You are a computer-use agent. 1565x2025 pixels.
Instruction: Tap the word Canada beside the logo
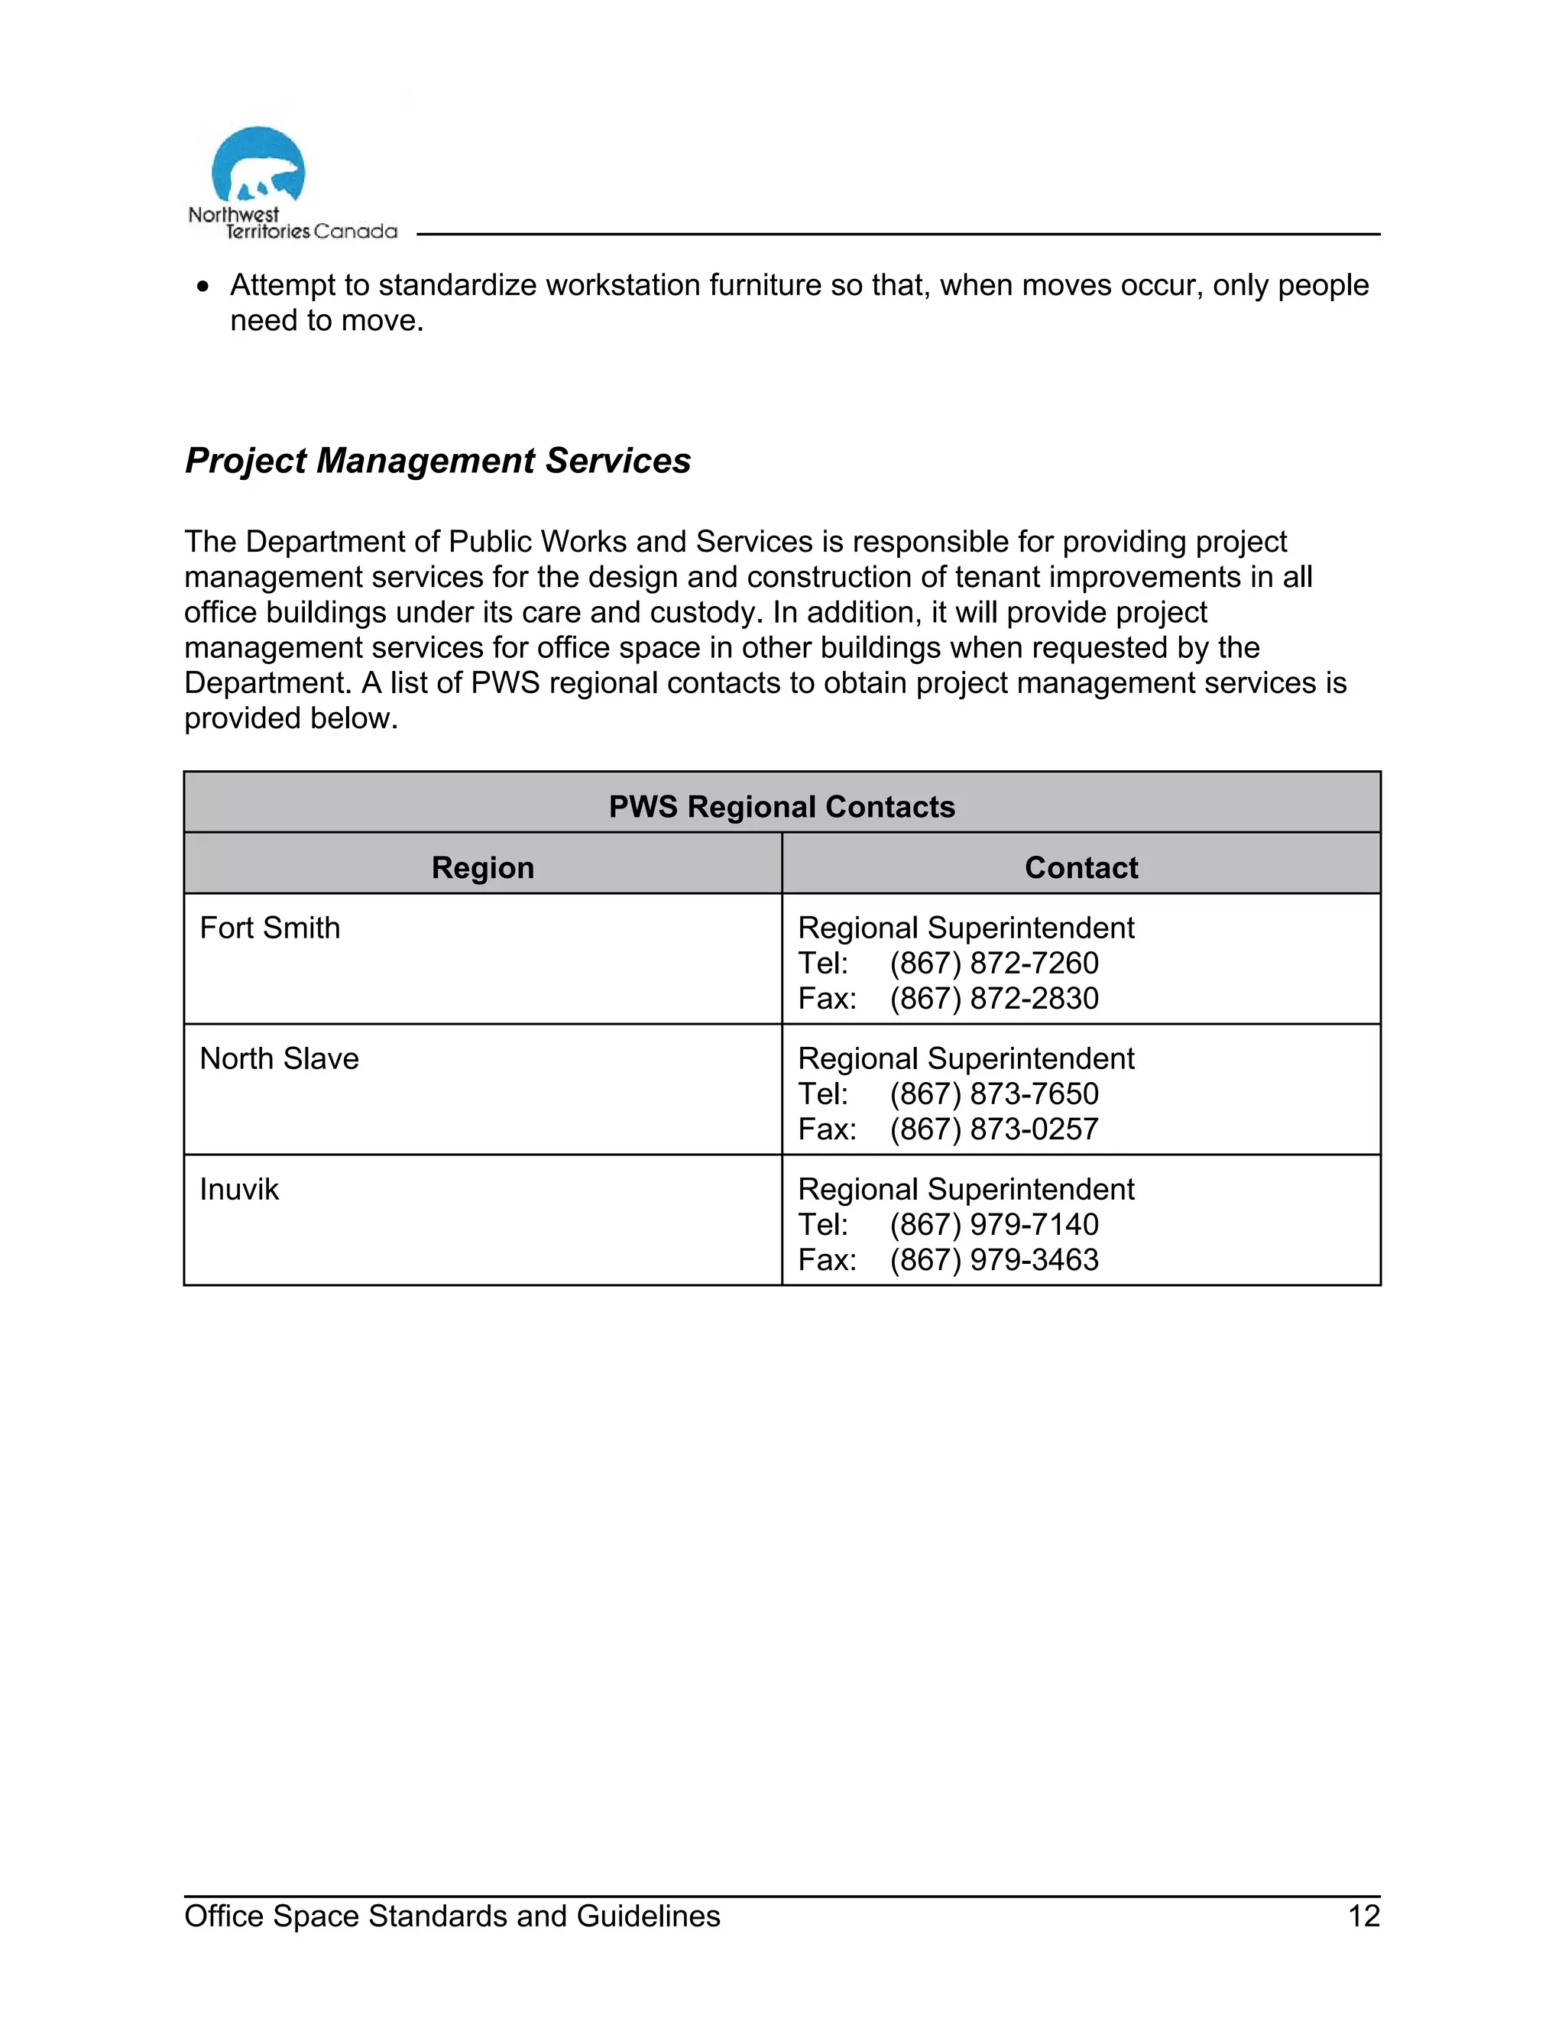point(355,232)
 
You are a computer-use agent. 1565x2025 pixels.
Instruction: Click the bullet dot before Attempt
point(203,287)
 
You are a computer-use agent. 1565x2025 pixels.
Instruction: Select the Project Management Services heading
point(438,461)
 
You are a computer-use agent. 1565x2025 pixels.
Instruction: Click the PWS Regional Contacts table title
point(782,807)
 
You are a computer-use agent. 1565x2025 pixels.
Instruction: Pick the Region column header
point(482,868)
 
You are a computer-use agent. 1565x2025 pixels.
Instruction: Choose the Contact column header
point(1081,868)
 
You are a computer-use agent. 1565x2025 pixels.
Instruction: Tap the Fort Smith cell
point(270,928)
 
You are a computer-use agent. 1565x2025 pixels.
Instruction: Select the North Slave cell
point(279,1059)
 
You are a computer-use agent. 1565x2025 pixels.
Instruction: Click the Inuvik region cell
point(239,1190)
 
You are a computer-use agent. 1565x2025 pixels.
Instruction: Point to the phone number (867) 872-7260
point(994,964)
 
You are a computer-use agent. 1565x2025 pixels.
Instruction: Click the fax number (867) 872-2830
point(994,999)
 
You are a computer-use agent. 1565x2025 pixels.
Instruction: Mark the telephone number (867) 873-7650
point(994,1094)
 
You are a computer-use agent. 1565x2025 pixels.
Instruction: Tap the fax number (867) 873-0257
point(994,1129)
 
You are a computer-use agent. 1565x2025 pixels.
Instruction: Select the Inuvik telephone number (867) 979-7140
point(994,1225)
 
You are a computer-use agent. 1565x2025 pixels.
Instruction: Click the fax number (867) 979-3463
point(994,1260)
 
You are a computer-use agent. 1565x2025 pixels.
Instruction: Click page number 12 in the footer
point(1364,1916)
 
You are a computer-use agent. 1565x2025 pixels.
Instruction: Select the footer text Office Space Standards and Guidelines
point(452,1916)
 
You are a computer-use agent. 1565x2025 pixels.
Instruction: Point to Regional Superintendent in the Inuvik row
point(966,1190)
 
